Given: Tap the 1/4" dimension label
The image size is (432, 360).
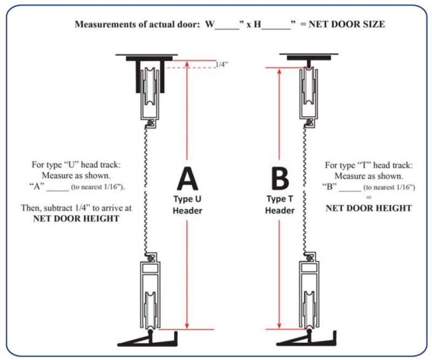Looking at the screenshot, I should [221, 64].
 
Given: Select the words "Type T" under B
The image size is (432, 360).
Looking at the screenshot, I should [279, 199].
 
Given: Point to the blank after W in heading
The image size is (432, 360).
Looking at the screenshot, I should [227, 25].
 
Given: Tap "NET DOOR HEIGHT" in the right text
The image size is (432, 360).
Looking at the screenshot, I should [369, 208].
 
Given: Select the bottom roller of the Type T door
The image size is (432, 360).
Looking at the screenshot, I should [307, 303].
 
